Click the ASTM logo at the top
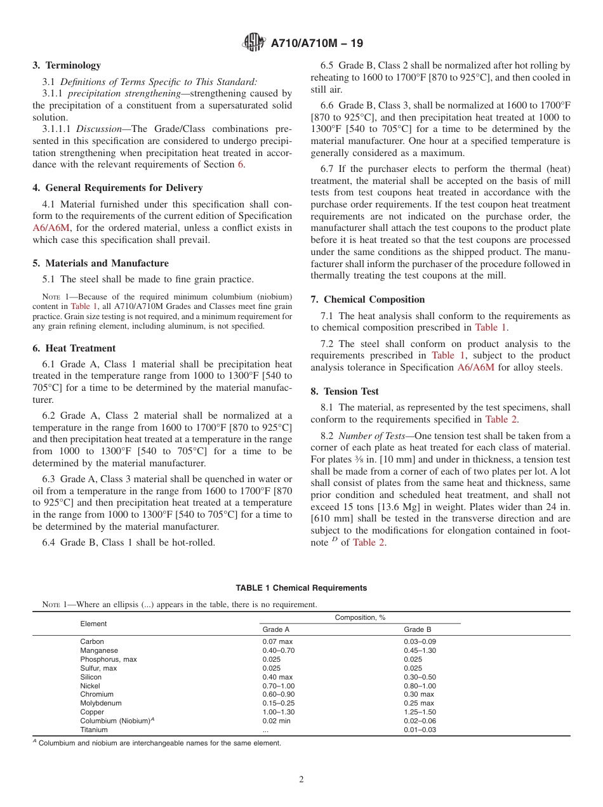click(x=254, y=43)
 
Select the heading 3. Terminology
click(x=67, y=65)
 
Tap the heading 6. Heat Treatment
click(x=74, y=348)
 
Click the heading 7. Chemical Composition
click(x=368, y=299)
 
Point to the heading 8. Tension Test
click(x=344, y=391)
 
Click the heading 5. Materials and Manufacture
click(x=100, y=263)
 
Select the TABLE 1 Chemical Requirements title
click(x=301, y=588)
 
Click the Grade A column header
click(x=275, y=630)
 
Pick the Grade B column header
click(x=417, y=630)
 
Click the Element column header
click(x=93, y=624)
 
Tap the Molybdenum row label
click(x=100, y=703)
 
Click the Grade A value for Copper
click(x=278, y=712)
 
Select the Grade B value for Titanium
click(x=420, y=730)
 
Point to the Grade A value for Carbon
click(x=277, y=641)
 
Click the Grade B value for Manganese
click(x=420, y=650)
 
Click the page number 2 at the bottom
click(x=301, y=780)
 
